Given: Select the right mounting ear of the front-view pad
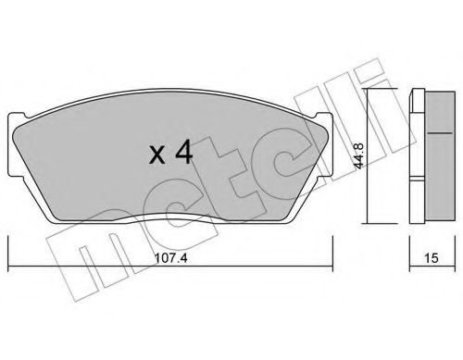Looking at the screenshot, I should pos(327,139).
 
